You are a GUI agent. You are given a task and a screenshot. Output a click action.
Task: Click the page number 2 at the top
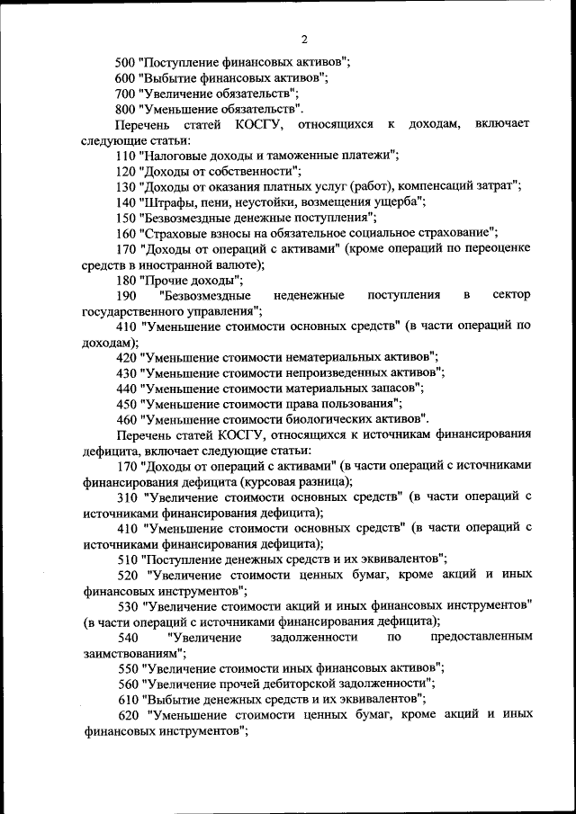tap(304, 40)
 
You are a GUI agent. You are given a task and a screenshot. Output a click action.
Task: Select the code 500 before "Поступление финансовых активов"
tap(127, 63)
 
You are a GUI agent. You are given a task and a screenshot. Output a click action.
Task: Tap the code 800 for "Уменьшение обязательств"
tap(127, 108)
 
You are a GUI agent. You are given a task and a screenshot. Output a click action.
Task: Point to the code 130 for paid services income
tap(127, 185)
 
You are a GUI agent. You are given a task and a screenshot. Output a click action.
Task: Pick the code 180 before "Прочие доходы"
tap(127, 280)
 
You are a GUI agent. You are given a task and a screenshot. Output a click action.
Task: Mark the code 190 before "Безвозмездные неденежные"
tap(127, 295)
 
